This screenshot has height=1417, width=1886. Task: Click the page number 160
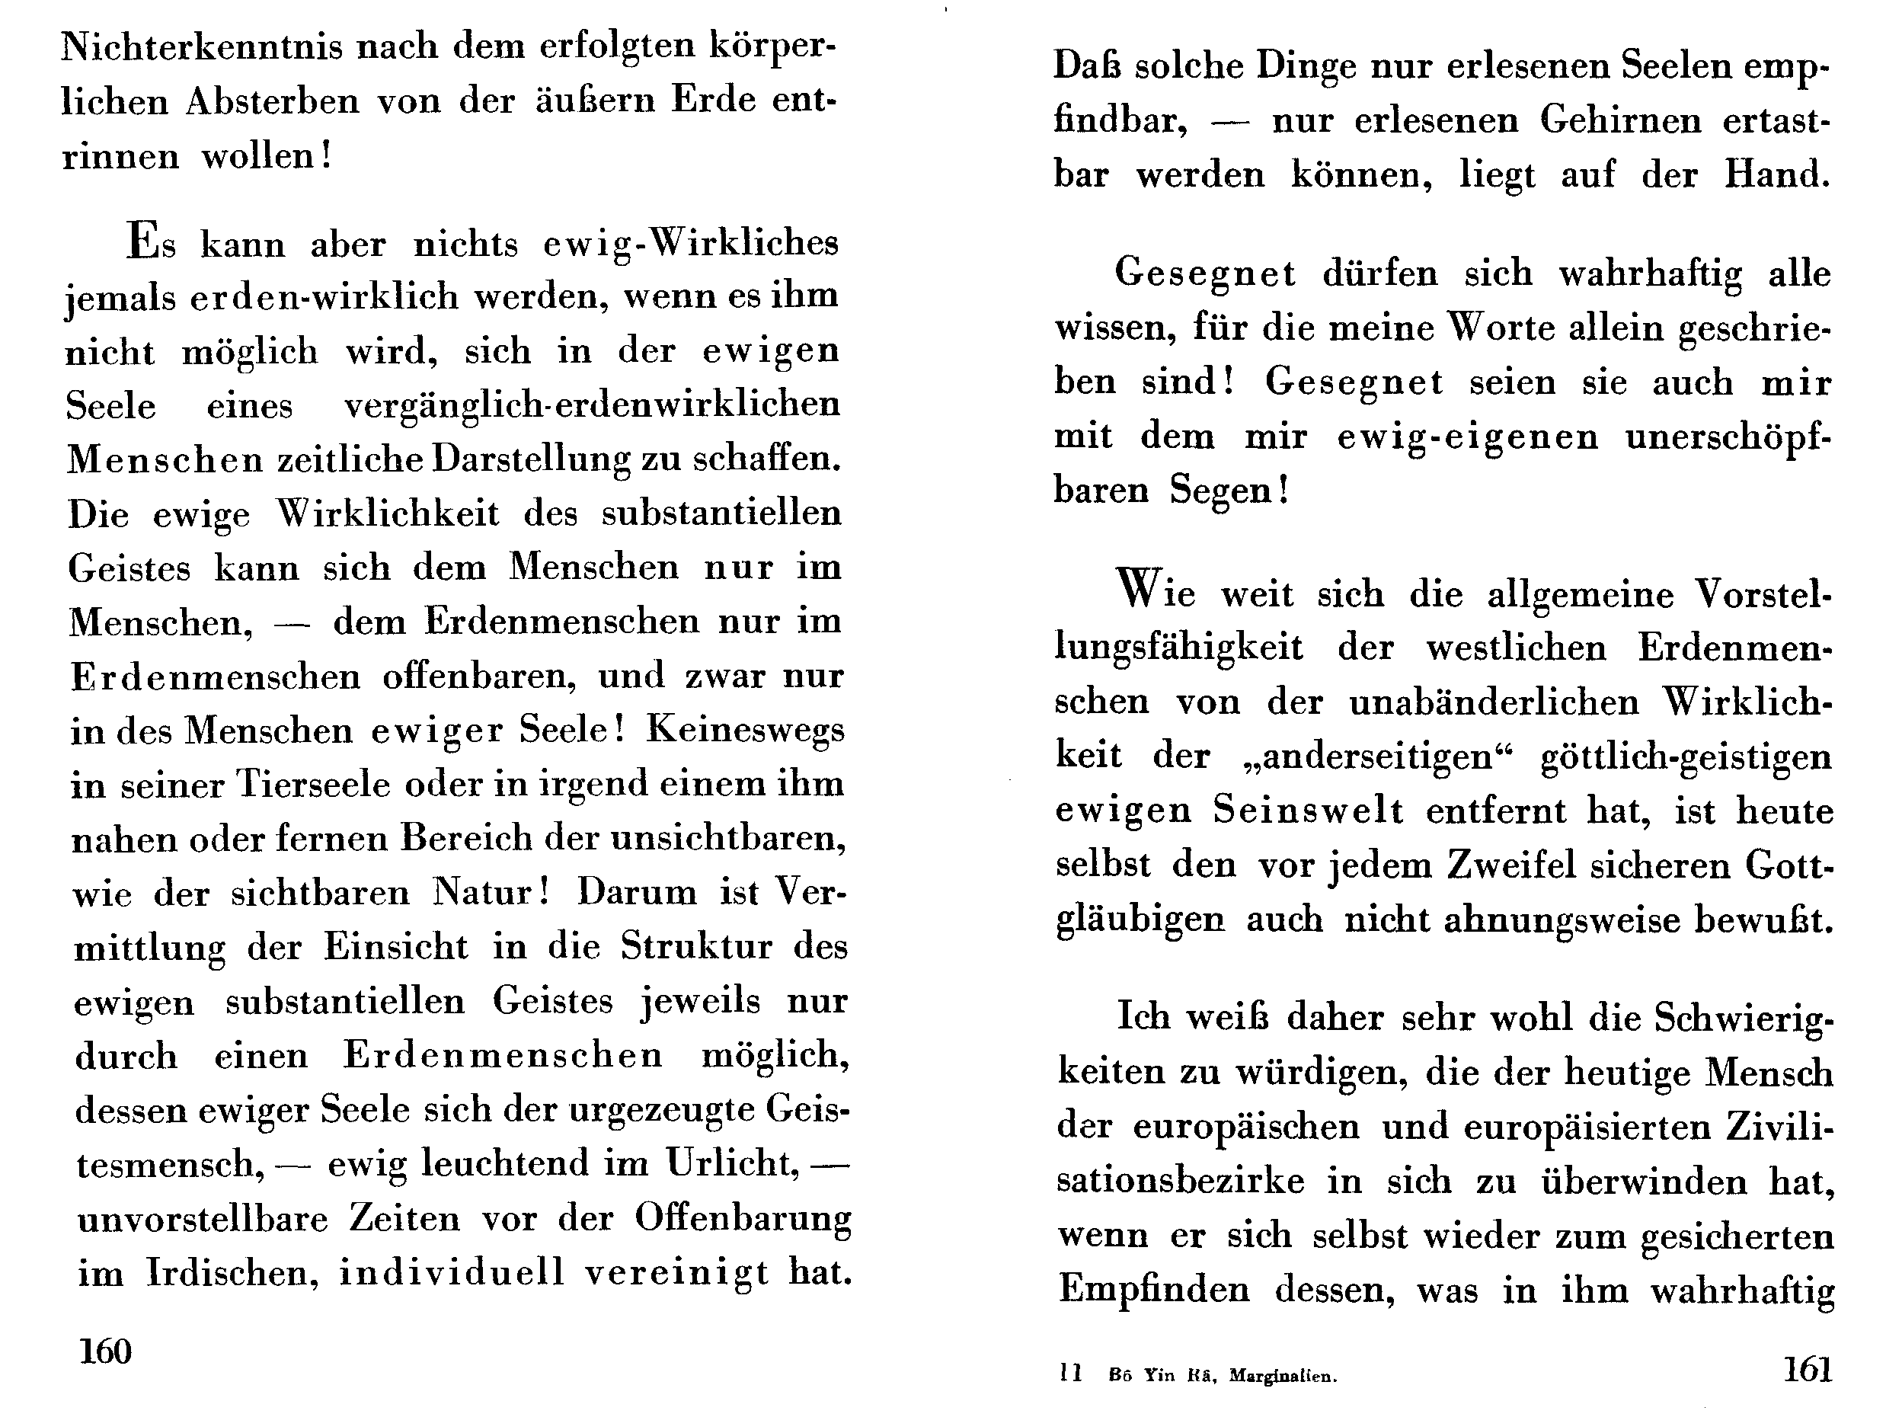(x=105, y=1351)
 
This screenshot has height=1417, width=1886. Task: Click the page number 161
(x=1808, y=1369)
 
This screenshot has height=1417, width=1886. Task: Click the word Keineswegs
(x=744, y=731)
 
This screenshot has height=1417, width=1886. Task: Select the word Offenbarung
(x=743, y=1219)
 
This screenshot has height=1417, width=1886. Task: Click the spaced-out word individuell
(x=452, y=1273)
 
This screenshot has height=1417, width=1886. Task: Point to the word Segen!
(x=1228, y=491)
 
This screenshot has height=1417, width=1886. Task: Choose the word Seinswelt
(x=1308, y=810)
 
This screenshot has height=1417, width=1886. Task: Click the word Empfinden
(x=1153, y=1290)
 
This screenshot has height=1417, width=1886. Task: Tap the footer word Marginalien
(x=1283, y=1375)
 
